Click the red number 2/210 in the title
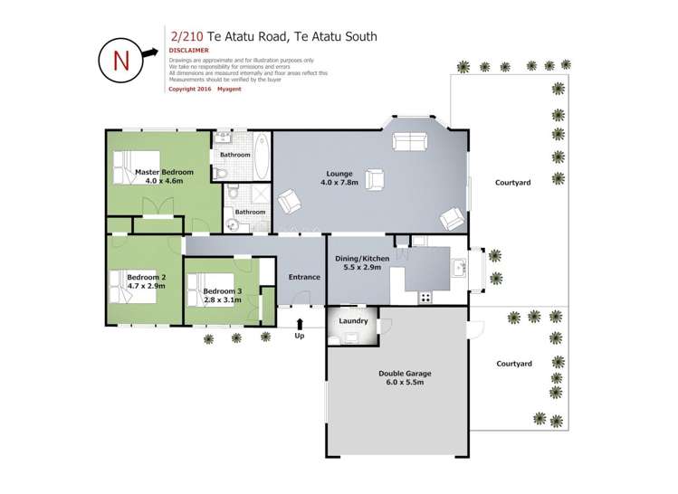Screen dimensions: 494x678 pos(186,37)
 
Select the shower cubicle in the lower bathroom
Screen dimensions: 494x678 pos(260,195)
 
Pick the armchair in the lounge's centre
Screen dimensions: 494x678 pos(374,178)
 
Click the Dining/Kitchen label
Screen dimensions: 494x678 pos(362,260)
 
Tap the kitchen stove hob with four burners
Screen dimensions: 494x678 pos(425,297)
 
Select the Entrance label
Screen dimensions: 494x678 pos(304,277)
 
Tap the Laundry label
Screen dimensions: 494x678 pos(352,321)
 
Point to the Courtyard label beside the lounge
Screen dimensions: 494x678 pos(512,182)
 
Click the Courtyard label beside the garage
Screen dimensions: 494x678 pos(513,363)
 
